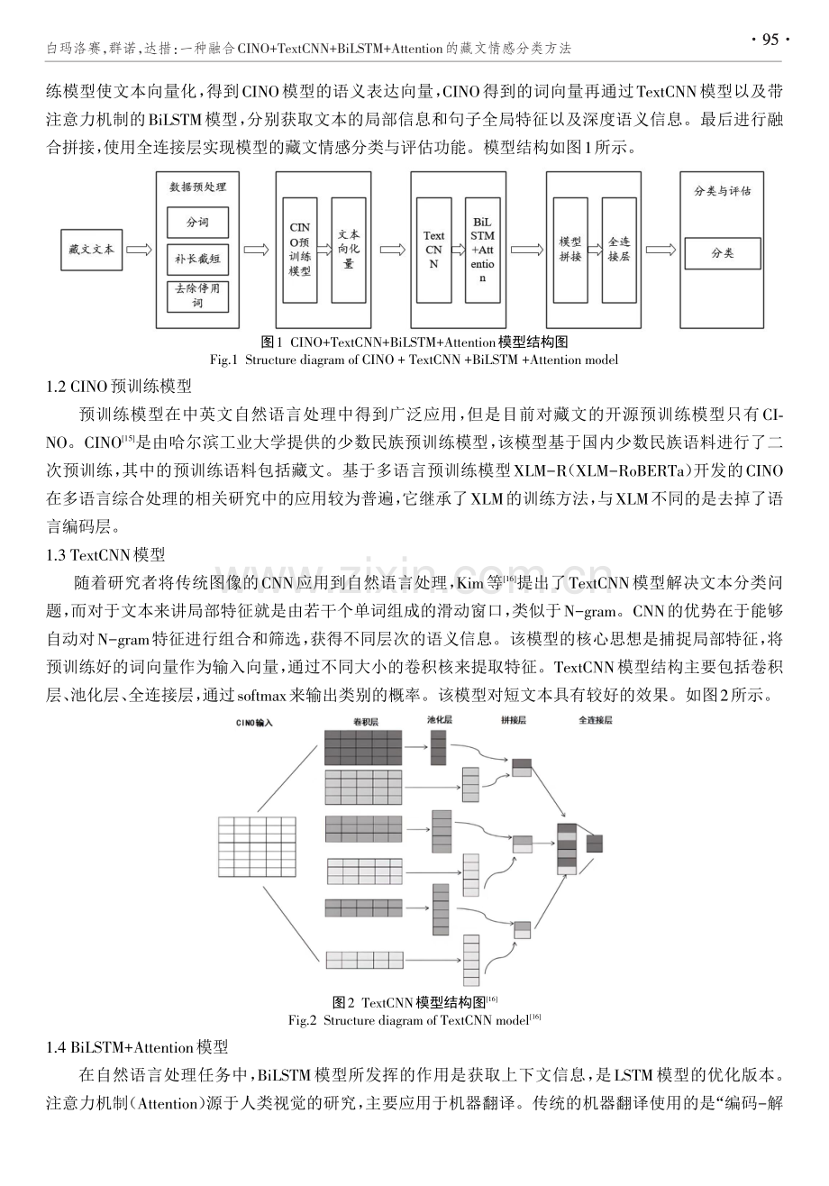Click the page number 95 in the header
(x=770, y=41)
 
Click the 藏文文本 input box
(x=92, y=250)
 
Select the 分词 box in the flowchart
(x=197, y=223)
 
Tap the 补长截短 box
(x=197, y=259)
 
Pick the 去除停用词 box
(x=197, y=296)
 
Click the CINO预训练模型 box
(x=300, y=250)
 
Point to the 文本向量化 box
(x=349, y=250)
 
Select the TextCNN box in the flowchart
(x=433, y=250)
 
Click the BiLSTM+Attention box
(x=482, y=250)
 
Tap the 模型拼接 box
(x=570, y=250)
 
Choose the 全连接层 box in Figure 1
(x=619, y=250)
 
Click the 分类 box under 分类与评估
(x=723, y=253)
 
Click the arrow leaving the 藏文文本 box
(x=140, y=250)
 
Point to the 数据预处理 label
(x=197, y=187)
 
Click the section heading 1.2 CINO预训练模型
(x=119, y=386)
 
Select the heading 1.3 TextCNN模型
(x=105, y=554)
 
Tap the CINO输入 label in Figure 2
(x=254, y=723)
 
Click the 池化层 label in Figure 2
(x=440, y=719)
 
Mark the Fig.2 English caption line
(x=414, y=1020)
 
